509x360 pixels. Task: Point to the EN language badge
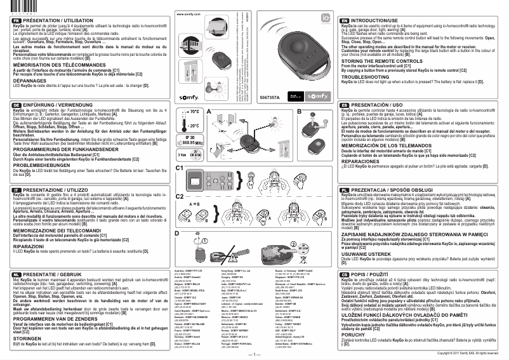pyautogui.click(x=345, y=20)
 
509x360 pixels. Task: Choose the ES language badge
pyautogui.click(x=345, y=104)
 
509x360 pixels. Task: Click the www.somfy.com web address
pyautogui.click(x=185, y=13)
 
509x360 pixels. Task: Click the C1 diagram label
pyautogui.click(x=180, y=167)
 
